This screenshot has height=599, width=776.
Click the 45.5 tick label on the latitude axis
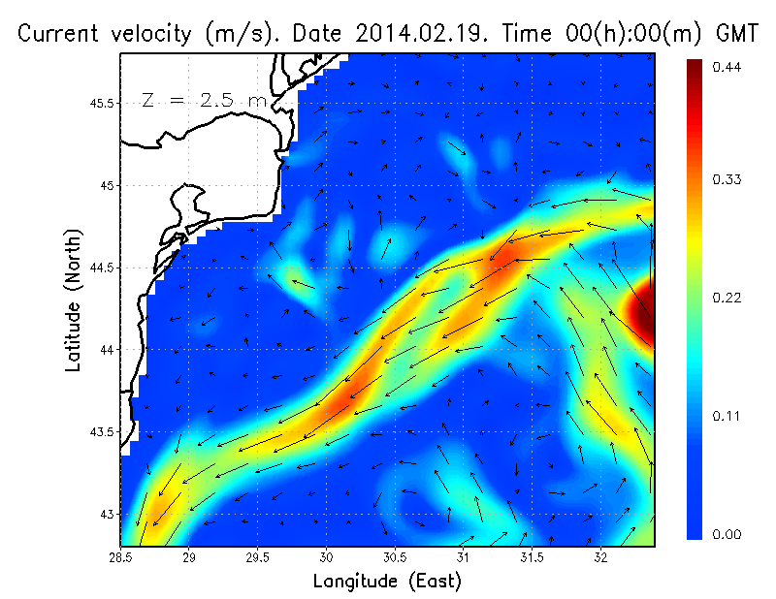point(103,103)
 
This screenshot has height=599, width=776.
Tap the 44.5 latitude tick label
point(103,267)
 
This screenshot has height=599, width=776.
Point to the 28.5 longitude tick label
point(120,557)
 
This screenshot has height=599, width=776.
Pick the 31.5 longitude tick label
point(532,557)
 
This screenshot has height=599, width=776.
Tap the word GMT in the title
point(736,34)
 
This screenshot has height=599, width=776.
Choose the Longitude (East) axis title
point(387,581)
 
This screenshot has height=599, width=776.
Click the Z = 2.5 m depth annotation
point(203,99)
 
